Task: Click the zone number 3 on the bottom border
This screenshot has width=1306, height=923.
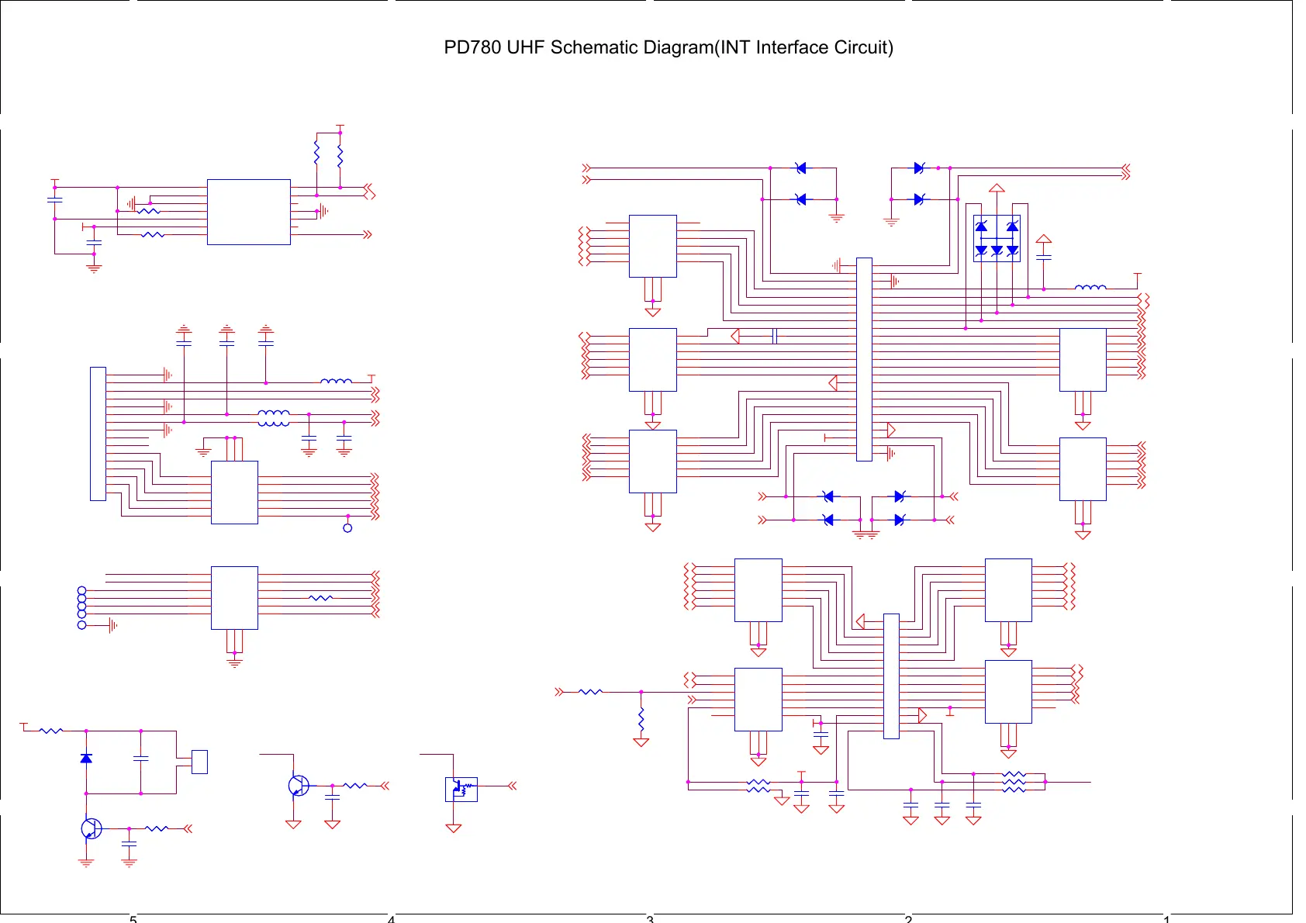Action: (650, 919)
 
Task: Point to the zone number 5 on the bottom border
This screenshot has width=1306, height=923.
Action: (133, 919)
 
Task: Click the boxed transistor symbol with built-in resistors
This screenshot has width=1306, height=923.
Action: (461, 789)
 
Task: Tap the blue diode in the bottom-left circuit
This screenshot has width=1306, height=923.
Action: (86, 758)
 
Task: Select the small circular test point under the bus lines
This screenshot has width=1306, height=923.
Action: (347, 528)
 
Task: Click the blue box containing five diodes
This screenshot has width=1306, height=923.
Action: (997, 238)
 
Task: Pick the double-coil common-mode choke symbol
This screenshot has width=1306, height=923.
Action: (273, 419)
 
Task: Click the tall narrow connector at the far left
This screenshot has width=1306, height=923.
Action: (98, 434)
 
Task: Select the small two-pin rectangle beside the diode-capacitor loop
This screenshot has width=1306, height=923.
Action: (199, 762)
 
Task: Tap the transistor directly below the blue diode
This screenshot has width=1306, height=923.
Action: (91, 828)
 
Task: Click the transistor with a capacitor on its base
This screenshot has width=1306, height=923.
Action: (298, 786)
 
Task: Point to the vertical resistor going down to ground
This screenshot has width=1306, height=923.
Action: (641, 720)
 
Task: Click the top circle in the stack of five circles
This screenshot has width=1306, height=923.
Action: (82, 591)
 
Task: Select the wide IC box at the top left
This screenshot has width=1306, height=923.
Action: (248, 212)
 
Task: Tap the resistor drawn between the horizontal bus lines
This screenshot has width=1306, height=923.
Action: (320, 598)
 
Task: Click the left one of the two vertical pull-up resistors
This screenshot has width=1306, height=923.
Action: (316, 153)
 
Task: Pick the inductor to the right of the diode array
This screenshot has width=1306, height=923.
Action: (1090, 288)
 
